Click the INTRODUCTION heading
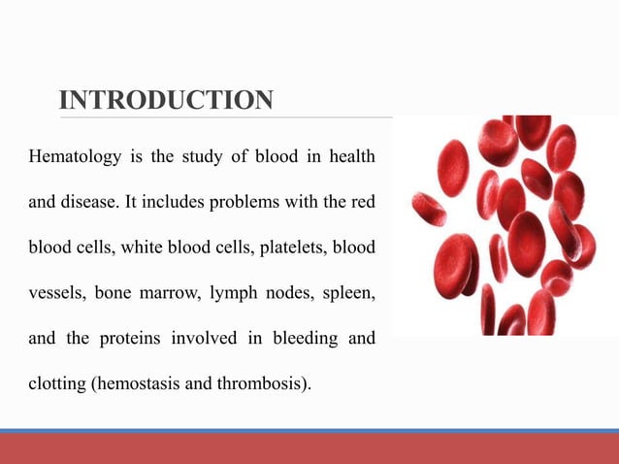coord(166,100)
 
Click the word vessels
coord(55,291)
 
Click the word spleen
coord(350,291)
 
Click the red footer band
coord(309,448)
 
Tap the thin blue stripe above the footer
coord(309,430)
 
